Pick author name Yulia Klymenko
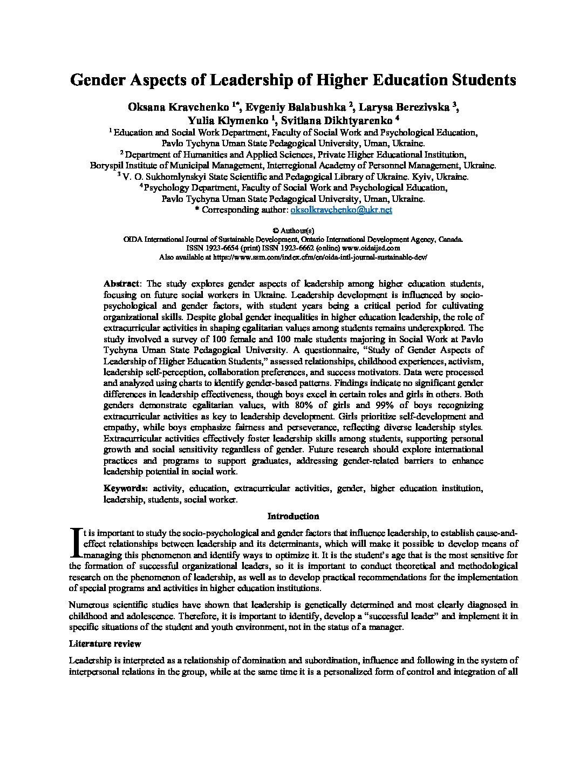click(229, 120)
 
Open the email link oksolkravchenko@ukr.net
click(341, 209)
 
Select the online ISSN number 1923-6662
click(299, 248)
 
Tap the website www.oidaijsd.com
click(378, 248)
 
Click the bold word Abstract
click(121, 284)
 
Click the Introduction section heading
click(293, 516)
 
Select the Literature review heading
click(105, 643)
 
